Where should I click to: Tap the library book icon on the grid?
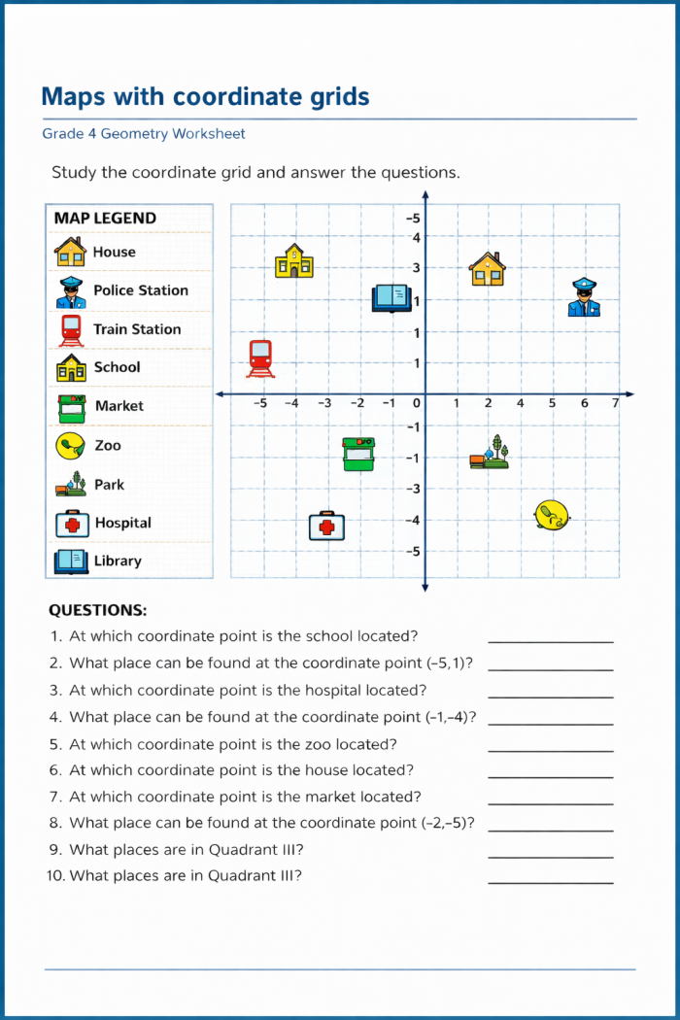[392, 297]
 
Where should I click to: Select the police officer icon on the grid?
[584, 297]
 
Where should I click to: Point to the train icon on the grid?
[260, 357]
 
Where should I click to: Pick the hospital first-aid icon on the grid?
[327, 526]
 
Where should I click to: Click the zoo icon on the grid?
[552, 515]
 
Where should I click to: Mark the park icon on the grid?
[490, 453]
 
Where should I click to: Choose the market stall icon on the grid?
[358, 454]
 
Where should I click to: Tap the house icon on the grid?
[488, 268]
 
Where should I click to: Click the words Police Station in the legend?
[141, 290]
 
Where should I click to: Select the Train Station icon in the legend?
[71, 329]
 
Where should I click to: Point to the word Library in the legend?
[118, 561]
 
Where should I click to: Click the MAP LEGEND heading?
[105, 219]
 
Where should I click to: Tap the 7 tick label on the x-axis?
[616, 403]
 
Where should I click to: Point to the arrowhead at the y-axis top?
[425, 195]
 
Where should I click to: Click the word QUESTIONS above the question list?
[98, 611]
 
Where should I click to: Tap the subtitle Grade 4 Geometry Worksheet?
[144, 134]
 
